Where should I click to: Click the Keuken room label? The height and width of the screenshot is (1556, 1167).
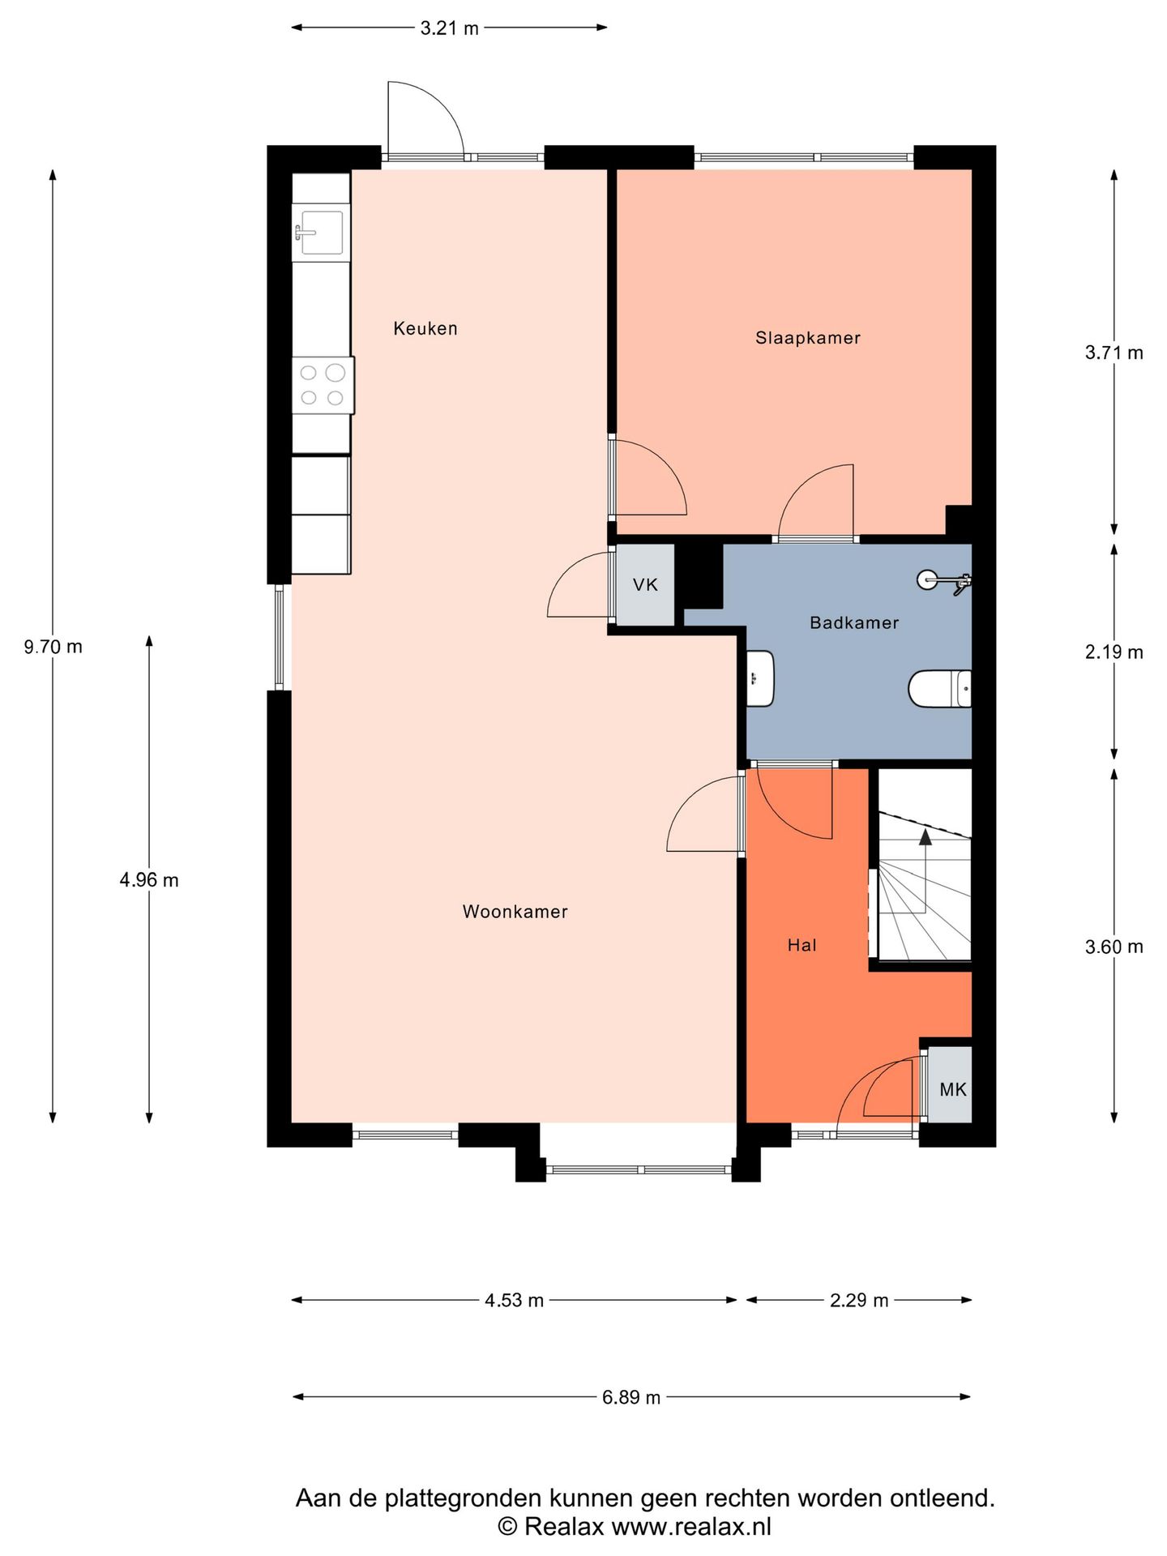pos(425,328)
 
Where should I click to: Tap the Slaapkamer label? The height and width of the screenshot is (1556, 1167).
pos(808,338)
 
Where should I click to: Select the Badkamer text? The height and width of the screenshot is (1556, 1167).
pos(854,622)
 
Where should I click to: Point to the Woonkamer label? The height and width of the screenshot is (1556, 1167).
pos(515,912)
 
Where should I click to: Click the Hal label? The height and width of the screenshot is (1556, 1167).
pos(802,945)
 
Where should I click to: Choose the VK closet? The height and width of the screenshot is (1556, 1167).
pos(645,584)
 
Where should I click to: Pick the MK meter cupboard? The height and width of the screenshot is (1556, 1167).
pos(950,1085)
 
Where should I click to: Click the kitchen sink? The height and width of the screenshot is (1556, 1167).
pos(321,233)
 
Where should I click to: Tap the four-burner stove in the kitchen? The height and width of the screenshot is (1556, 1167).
pos(323,385)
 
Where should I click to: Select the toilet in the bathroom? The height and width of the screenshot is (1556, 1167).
pos(939,689)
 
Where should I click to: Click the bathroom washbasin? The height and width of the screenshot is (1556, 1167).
pos(760,678)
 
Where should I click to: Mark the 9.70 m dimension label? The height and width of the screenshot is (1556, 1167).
pos(53,647)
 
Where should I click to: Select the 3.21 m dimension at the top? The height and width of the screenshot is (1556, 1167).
pos(449,28)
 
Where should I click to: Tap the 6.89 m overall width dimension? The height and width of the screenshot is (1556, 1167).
pos(631,1397)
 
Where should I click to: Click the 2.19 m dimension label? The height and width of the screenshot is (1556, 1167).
pos(1114,652)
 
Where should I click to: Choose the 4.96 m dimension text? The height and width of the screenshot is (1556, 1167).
pos(149,880)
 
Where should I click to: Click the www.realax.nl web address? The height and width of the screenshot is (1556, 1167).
pos(691,1527)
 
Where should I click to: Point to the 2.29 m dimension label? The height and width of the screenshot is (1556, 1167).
pos(859,1301)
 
